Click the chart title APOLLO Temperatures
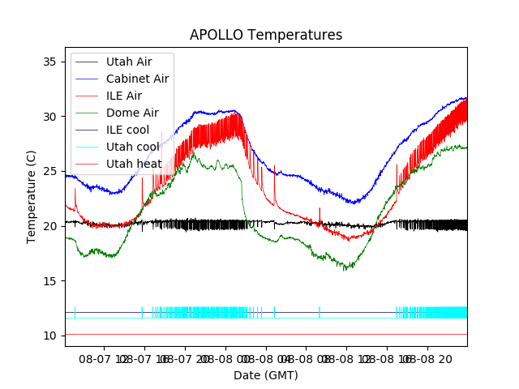click(266, 36)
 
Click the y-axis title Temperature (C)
click(32, 197)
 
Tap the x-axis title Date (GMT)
click(266, 375)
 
